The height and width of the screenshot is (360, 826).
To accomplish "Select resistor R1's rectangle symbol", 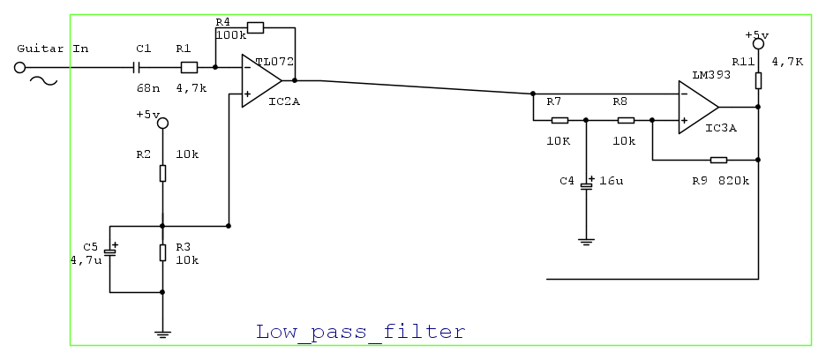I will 187,67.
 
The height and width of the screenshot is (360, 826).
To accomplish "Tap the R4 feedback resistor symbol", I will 255,27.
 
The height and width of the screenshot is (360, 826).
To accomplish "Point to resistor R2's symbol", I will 162,173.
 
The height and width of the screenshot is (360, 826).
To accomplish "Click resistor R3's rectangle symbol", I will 162,253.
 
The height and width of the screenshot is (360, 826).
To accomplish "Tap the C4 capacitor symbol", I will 584,185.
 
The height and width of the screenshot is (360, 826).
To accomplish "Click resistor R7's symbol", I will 559,120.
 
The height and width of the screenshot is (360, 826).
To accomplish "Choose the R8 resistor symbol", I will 626,120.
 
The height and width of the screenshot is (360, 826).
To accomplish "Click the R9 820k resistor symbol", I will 718,160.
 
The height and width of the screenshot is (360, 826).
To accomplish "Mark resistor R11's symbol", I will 757,81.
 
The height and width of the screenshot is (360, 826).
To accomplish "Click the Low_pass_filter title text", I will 360,333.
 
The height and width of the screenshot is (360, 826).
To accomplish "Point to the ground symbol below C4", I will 584,240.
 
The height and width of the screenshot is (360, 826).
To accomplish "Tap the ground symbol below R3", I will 162,333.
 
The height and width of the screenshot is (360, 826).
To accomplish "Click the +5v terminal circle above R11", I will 757,43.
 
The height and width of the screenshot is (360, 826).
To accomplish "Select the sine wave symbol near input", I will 44,81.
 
